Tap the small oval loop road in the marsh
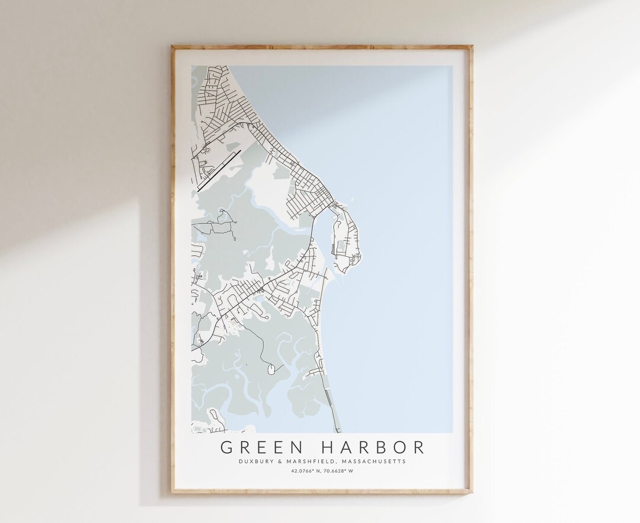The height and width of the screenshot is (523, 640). (270, 369)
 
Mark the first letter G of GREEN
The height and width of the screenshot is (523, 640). (226, 445)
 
